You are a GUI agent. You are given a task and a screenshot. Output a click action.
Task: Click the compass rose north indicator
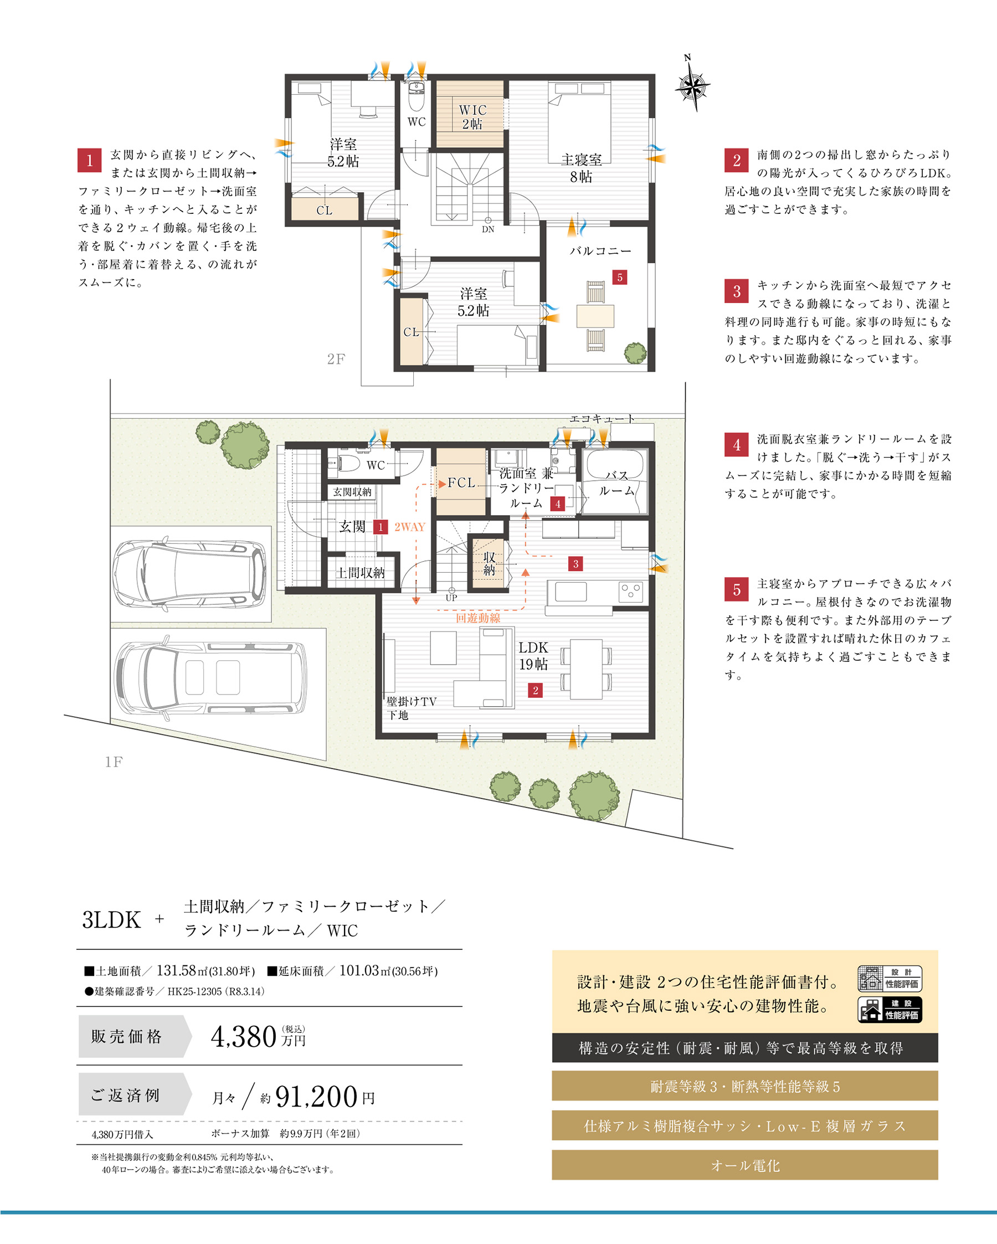coord(692,84)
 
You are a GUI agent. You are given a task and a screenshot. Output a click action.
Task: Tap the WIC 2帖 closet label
coord(472,116)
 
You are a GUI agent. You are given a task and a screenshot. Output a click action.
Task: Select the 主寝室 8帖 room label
coord(581,168)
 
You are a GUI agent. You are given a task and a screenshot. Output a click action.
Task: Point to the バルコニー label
coord(600,251)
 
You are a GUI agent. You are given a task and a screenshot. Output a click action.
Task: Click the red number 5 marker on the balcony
coord(620,277)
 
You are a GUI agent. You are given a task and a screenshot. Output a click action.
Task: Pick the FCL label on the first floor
coord(461,482)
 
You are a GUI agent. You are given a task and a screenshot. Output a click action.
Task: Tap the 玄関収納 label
coord(352,492)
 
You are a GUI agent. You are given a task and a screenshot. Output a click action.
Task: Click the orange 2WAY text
coord(410,527)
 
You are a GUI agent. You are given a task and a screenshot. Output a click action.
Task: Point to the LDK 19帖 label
coord(533,656)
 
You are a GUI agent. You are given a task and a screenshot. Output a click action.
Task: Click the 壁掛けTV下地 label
coord(411,708)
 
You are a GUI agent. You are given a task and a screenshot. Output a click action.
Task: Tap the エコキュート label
coord(603,418)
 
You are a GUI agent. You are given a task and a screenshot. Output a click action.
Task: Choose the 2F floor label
coord(336,359)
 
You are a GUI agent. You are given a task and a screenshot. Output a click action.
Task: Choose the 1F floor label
coord(114,762)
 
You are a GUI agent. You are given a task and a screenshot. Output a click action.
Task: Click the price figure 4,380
coord(244,1036)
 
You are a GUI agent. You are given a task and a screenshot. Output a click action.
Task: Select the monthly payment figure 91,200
coord(317,1096)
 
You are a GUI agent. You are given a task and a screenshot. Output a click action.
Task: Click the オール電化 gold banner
coord(745,1165)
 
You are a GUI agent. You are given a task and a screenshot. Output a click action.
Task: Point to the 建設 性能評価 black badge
coord(890,1010)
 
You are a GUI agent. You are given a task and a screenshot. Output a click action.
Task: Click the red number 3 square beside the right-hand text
coord(737,291)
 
